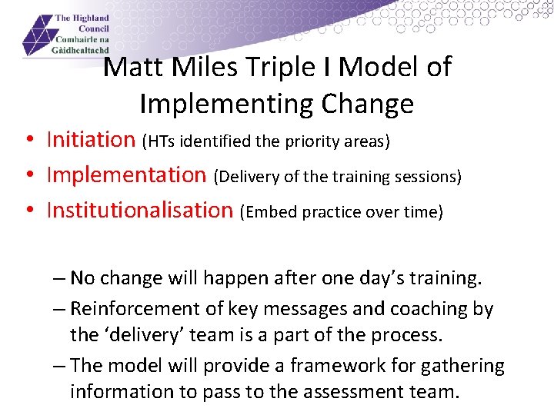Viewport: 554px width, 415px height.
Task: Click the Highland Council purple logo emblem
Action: [x=37, y=35]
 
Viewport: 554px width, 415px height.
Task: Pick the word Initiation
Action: [x=91, y=140]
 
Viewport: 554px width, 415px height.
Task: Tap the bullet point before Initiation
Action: [x=28, y=141]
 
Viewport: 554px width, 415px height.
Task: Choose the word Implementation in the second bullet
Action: [x=126, y=175]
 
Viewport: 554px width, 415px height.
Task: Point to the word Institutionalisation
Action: [x=139, y=211]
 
